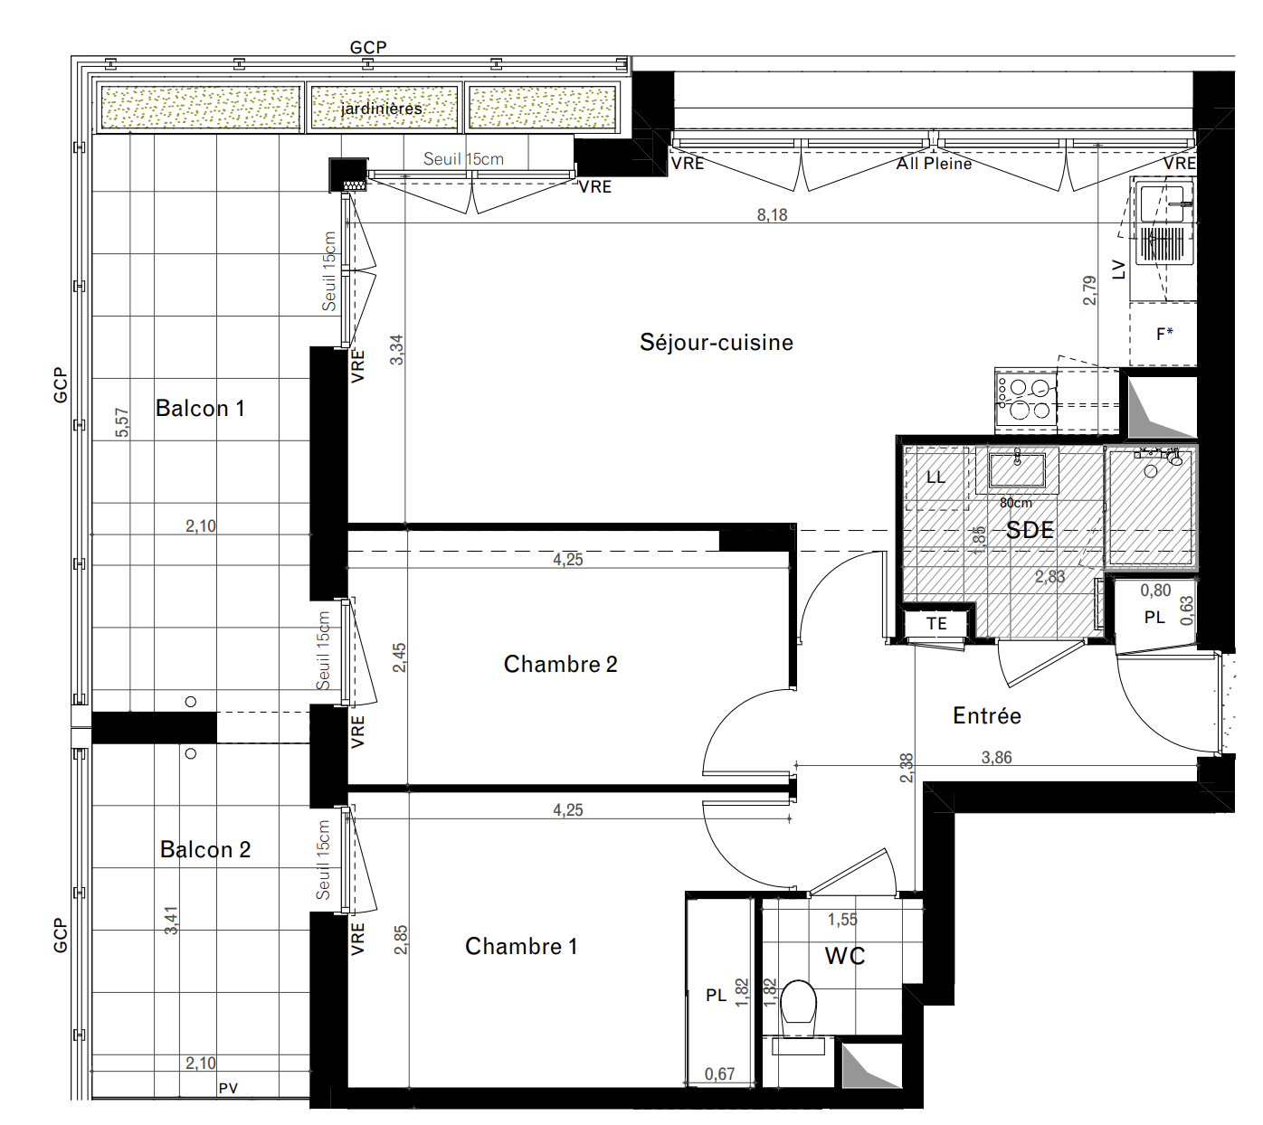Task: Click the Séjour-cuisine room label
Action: click(x=717, y=342)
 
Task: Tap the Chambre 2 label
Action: click(x=560, y=664)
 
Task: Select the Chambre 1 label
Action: click(x=521, y=946)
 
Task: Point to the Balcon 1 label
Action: click(x=199, y=408)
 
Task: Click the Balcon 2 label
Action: click(x=205, y=849)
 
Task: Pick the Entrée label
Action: click(x=987, y=715)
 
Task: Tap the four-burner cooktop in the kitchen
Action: click(x=1026, y=399)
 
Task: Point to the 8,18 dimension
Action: click(x=772, y=215)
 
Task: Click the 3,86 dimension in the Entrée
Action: click(x=996, y=757)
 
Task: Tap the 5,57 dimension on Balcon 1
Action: click(x=122, y=422)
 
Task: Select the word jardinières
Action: click(x=381, y=109)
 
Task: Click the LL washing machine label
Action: click(x=935, y=477)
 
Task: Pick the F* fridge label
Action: click(x=1164, y=334)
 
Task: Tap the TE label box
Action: click(x=936, y=623)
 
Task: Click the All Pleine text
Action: click(x=934, y=164)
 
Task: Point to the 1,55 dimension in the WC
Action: click(x=842, y=920)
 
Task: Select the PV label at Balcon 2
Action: click(x=228, y=1088)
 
